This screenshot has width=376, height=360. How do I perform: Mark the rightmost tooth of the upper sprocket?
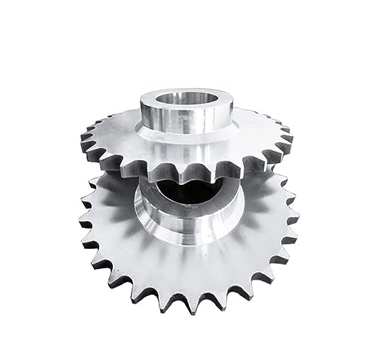(290, 138)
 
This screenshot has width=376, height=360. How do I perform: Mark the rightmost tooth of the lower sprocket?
(293, 218)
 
